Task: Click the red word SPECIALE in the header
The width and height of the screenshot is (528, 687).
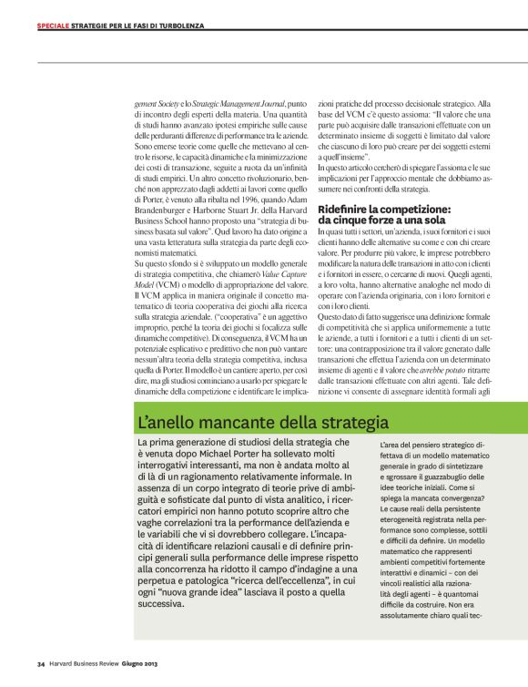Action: click(x=52, y=26)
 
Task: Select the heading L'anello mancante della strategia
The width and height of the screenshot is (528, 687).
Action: click(x=249, y=424)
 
